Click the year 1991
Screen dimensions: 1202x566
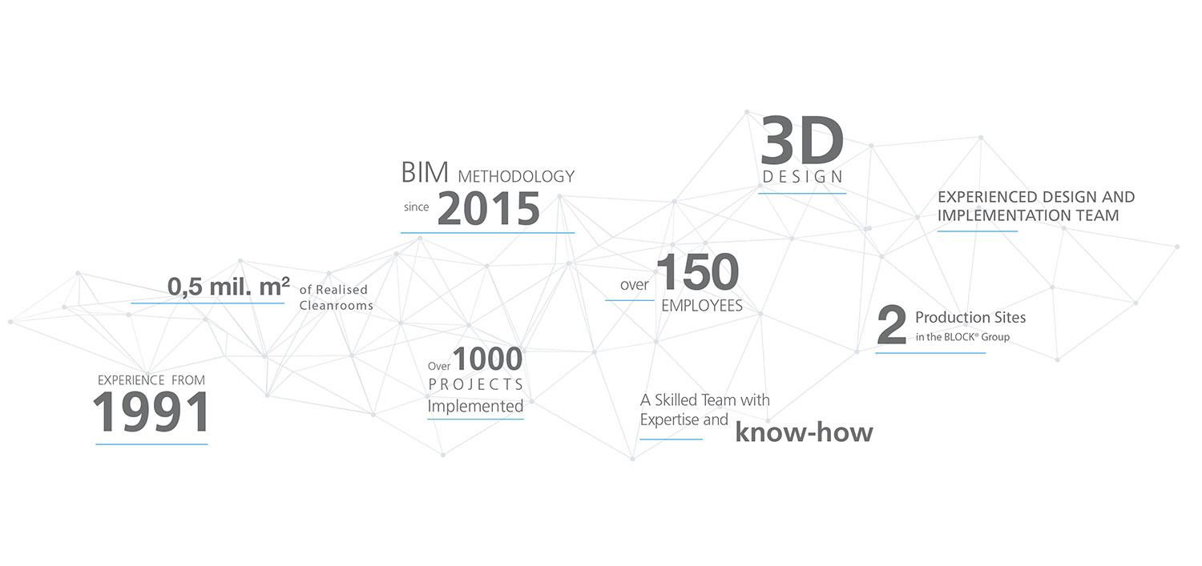[151, 411]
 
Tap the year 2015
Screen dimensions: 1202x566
[488, 209]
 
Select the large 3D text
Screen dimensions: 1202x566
[802, 141]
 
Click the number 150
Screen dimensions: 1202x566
[698, 271]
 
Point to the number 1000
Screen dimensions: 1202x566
[487, 359]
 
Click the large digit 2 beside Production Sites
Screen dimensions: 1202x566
[891, 324]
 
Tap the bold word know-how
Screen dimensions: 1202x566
[804, 432]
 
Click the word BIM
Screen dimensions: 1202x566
[425, 173]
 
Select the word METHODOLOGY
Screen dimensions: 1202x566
[516, 176]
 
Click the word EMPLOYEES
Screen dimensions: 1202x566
[702, 306]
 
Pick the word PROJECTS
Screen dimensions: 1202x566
[475, 384]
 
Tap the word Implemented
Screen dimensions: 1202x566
[475, 406]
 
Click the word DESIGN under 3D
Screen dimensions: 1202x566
[803, 176]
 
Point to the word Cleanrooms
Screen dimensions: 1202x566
[336, 306]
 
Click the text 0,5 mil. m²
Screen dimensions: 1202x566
[228, 287]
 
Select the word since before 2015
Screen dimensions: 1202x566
[417, 207]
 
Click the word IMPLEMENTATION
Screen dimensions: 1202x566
[998, 215]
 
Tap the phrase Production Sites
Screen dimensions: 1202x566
[970, 317]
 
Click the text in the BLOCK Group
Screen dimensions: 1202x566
[962, 337]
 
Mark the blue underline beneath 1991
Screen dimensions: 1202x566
[152, 444]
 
